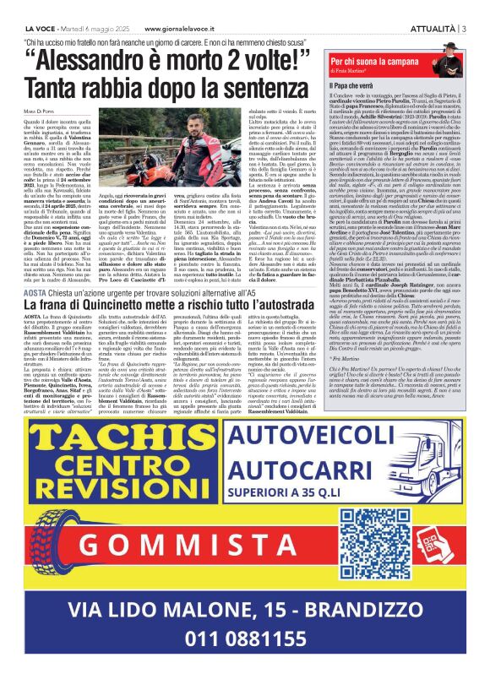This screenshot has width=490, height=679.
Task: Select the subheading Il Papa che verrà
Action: tap(357, 86)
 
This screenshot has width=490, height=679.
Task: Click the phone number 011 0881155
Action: tap(245, 639)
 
